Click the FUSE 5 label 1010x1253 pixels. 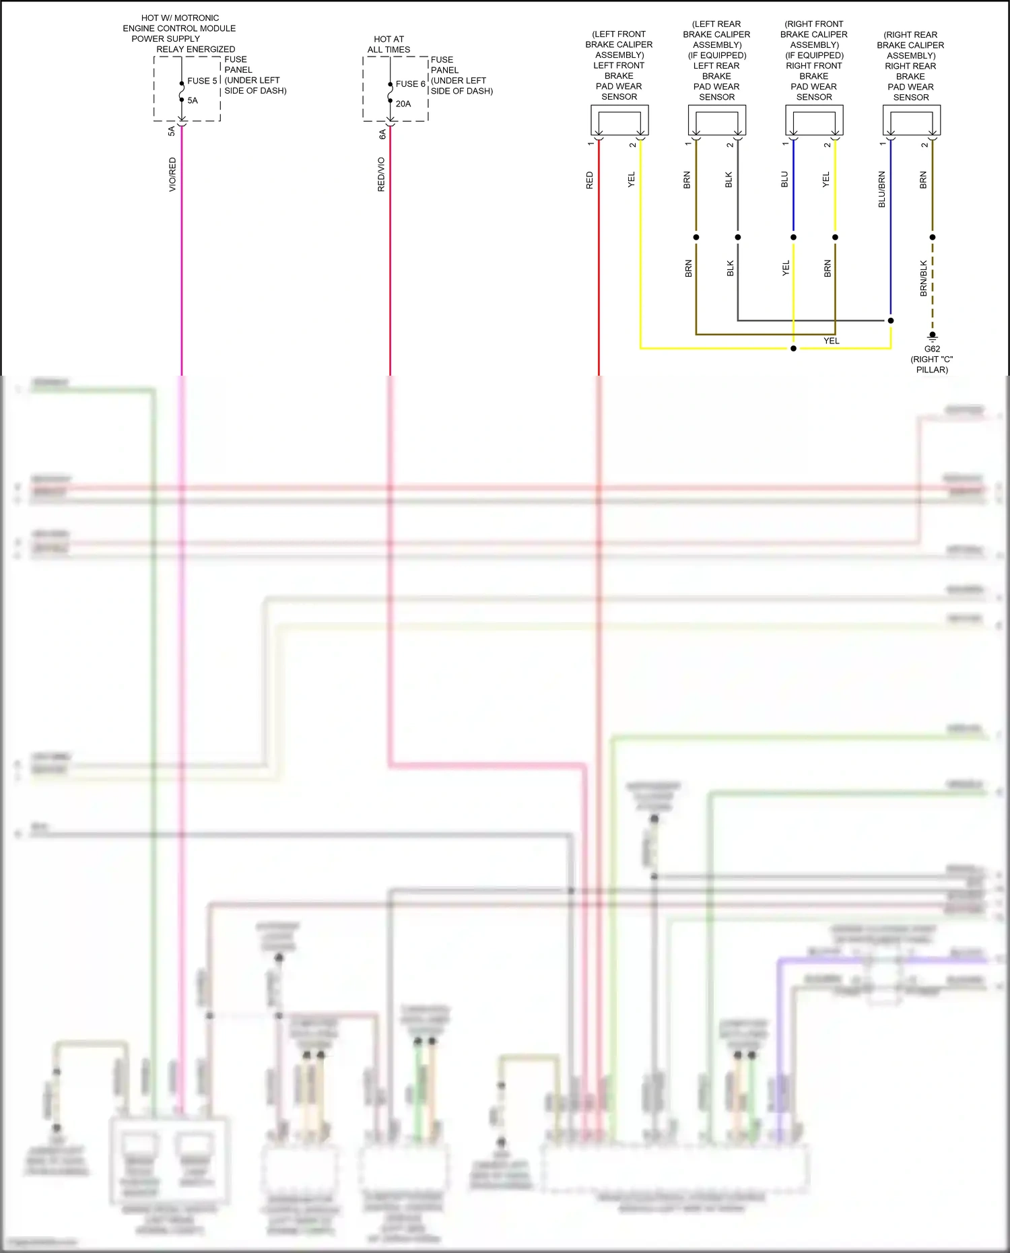pyautogui.click(x=202, y=81)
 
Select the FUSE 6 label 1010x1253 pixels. pyautogui.click(x=410, y=84)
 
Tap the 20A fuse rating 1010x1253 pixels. pyautogui.click(x=403, y=104)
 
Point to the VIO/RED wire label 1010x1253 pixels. pyautogui.click(x=172, y=174)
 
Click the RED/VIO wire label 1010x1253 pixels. pyautogui.click(x=381, y=174)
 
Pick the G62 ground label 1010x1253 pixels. pyautogui.click(x=932, y=349)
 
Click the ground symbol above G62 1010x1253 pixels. pyautogui.click(x=933, y=336)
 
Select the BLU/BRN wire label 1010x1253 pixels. pyautogui.click(x=881, y=189)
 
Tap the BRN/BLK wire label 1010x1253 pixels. pyautogui.click(x=924, y=278)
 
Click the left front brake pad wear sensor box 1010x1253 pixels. pyautogui.click(x=619, y=121)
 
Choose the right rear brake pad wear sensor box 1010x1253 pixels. pyautogui.click(x=912, y=121)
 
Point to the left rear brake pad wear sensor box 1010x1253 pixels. pyautogui.click(x=716, y=121)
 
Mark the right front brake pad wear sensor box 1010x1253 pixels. pyautogui.click(x=814, y=121)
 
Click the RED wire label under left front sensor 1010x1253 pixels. pyautogui.click(x=590, y=180)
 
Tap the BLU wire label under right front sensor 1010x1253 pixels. pyautogui.click(x=784, y=180)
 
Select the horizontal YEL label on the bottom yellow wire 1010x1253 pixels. pyautogui.click(x=832, y=341)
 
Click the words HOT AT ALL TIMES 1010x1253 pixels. pyautogui.click(x=389, y=44)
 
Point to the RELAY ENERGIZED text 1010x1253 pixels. pyautogui.click(x=196, y=49)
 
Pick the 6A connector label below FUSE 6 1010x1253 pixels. pyautogui.click(x=382, y=134)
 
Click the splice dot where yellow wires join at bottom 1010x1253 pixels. pyautogui.click(x=793, y=348)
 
